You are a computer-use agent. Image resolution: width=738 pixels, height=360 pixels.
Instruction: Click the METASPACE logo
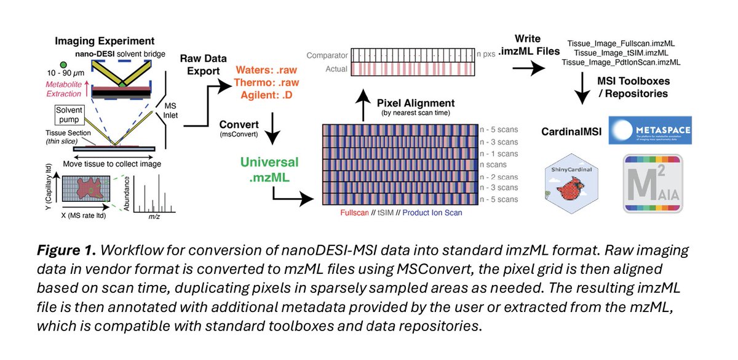click(650, 130)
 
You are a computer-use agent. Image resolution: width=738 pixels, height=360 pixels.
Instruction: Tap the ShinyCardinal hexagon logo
click(571, 183)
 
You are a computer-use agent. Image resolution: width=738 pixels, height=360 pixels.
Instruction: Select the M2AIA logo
click(653, 183)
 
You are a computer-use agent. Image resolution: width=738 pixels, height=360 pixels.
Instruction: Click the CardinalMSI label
click(571, 132)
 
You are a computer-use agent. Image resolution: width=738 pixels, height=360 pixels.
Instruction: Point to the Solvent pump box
click(69, 114)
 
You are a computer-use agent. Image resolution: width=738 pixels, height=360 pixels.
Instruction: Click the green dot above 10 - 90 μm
click(63, 65)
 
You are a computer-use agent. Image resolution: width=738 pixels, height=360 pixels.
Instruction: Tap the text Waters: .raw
click(266, 70)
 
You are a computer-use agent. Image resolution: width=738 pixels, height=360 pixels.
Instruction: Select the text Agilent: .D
click(266, 95)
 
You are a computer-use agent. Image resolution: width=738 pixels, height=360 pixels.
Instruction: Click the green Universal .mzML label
click(269, 169)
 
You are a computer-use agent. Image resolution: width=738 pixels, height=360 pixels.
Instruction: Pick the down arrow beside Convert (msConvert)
click(272, 128)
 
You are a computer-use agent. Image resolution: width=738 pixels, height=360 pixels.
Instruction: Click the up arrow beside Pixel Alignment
click(363, 105)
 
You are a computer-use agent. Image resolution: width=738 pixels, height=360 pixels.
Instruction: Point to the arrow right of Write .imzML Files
click(528, 68)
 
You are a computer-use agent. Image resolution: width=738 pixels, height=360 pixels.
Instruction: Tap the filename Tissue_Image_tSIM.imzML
click(621, 53)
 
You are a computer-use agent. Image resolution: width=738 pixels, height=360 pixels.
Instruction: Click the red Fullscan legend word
click(354, 213)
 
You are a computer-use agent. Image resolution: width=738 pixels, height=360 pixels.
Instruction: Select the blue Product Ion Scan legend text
click(432, 213)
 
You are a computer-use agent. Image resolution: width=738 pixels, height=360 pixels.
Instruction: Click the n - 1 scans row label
click(499, 154)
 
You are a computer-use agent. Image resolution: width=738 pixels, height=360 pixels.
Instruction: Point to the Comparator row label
click(327, 55)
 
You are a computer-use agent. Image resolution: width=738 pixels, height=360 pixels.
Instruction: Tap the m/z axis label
click(154, 217)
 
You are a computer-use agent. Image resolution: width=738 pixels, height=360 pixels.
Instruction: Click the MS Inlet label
click(170, 110)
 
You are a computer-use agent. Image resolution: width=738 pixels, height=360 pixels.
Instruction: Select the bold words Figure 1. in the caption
click(66, 250)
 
